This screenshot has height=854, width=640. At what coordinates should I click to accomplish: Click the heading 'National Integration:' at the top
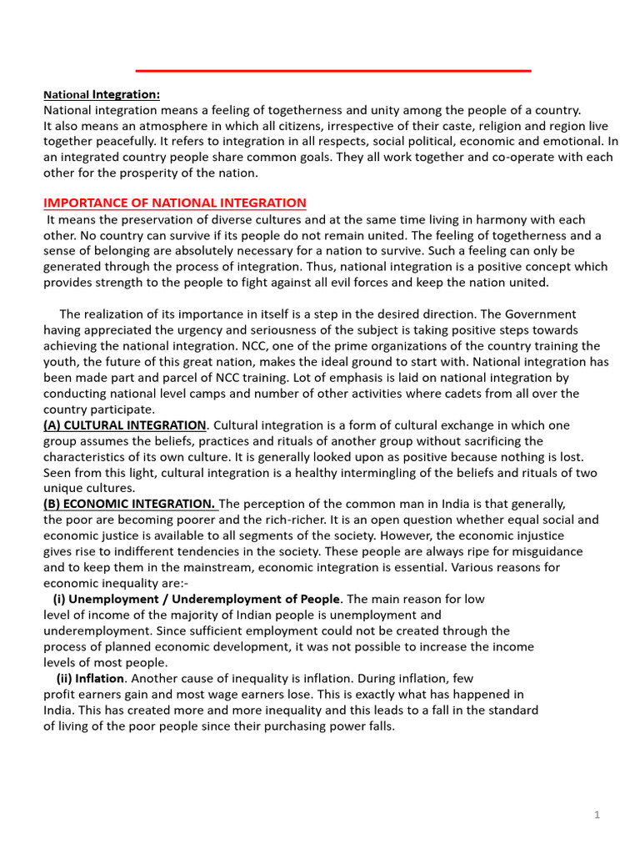pyautogui.click(x=102, y=95)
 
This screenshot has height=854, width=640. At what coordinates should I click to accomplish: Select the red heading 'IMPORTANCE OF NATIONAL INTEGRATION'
pyautogui.click(x=175, y=203)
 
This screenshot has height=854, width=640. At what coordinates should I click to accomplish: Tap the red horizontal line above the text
pyautogui.click(x=333, y=71)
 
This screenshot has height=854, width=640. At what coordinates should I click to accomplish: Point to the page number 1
pyautogui.click(x=597, y=815)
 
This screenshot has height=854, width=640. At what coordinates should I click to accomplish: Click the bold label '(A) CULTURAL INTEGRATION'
pyautogui.click(x=124, y=425)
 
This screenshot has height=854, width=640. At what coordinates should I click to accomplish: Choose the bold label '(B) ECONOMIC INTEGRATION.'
pyautogui.click(x=130, y=504)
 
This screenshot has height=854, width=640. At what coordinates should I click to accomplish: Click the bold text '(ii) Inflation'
pyautogui.click(x=90, y=678)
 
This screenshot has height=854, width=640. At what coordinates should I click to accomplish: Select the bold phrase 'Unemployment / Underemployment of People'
pyautogui.click(x=204, y=599)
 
